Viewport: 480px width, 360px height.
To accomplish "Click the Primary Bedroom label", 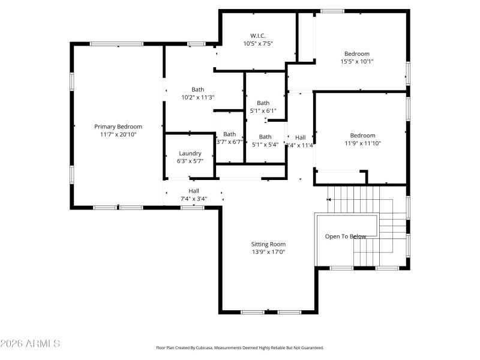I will (x=118, y=127).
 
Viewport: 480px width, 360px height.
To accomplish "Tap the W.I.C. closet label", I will (x=258, y=35).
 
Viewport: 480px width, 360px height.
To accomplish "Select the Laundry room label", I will (x=190, y=153).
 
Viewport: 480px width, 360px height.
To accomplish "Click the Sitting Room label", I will (x=268, y=244).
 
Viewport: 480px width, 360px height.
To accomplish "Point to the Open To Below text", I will (x=346, y=236).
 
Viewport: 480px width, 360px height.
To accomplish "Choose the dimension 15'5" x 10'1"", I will (x=357, y=61).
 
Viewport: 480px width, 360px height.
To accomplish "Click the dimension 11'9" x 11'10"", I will (x=363, y=143).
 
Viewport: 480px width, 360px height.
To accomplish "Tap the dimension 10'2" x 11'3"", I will (x=198, y=97).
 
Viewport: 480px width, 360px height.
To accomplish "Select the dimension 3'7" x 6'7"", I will (x=230, y=142).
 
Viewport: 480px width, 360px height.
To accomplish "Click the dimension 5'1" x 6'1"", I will (x=263, y=110).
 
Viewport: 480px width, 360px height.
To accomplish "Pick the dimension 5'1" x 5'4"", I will (x=265, y=144).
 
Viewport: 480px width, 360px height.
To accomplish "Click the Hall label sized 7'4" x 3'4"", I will (x=194, y=191).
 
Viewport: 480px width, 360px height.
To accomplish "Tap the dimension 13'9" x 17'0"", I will (x=268, y=252).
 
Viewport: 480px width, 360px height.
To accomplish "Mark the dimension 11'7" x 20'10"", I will (x=118, y=134).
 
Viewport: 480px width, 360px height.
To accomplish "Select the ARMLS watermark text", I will (x=30, y=344).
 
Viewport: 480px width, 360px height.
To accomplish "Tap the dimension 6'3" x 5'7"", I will (x=190, y=161).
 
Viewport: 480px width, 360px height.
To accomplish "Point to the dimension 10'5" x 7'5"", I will (x=258, y=43).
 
